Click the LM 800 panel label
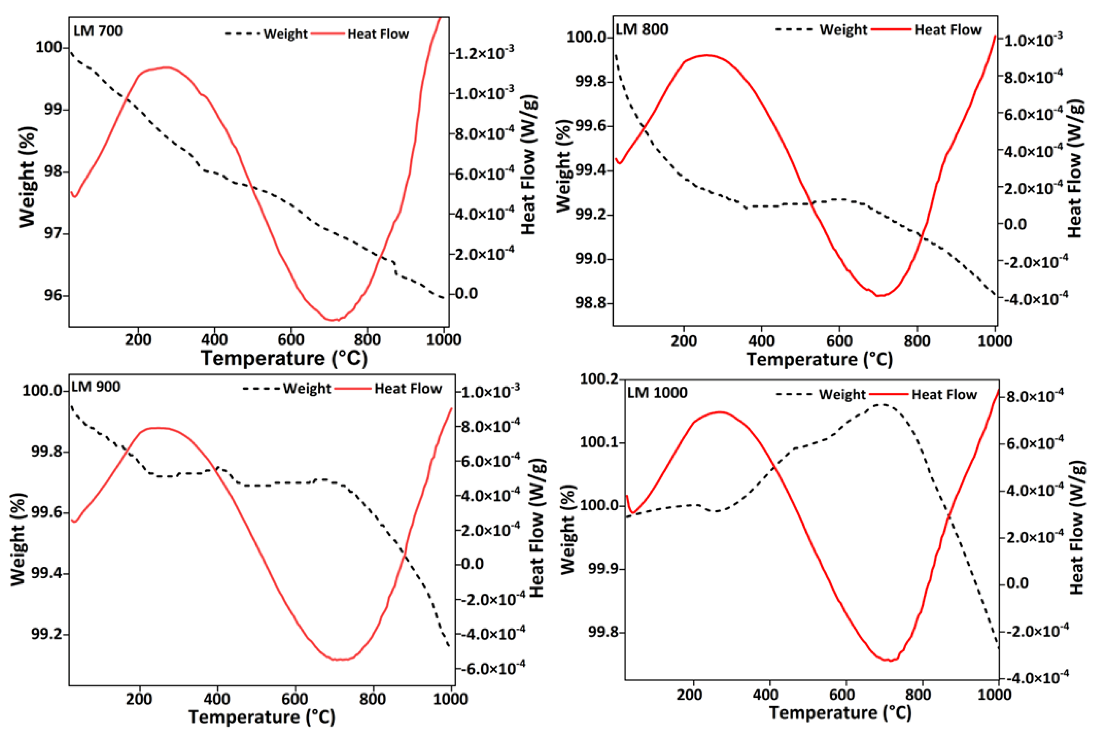(642, 30)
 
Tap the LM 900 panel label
(96, 387)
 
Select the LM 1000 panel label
(657, 392)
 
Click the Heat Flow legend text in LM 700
(378, 34)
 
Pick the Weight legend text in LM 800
(843, 30)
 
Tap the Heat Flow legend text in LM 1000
(944, 394)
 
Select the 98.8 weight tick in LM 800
(590, 303)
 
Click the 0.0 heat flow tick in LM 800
(1015, 224)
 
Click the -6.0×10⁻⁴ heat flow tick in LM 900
(493, 668)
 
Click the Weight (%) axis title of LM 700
(28, 177)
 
